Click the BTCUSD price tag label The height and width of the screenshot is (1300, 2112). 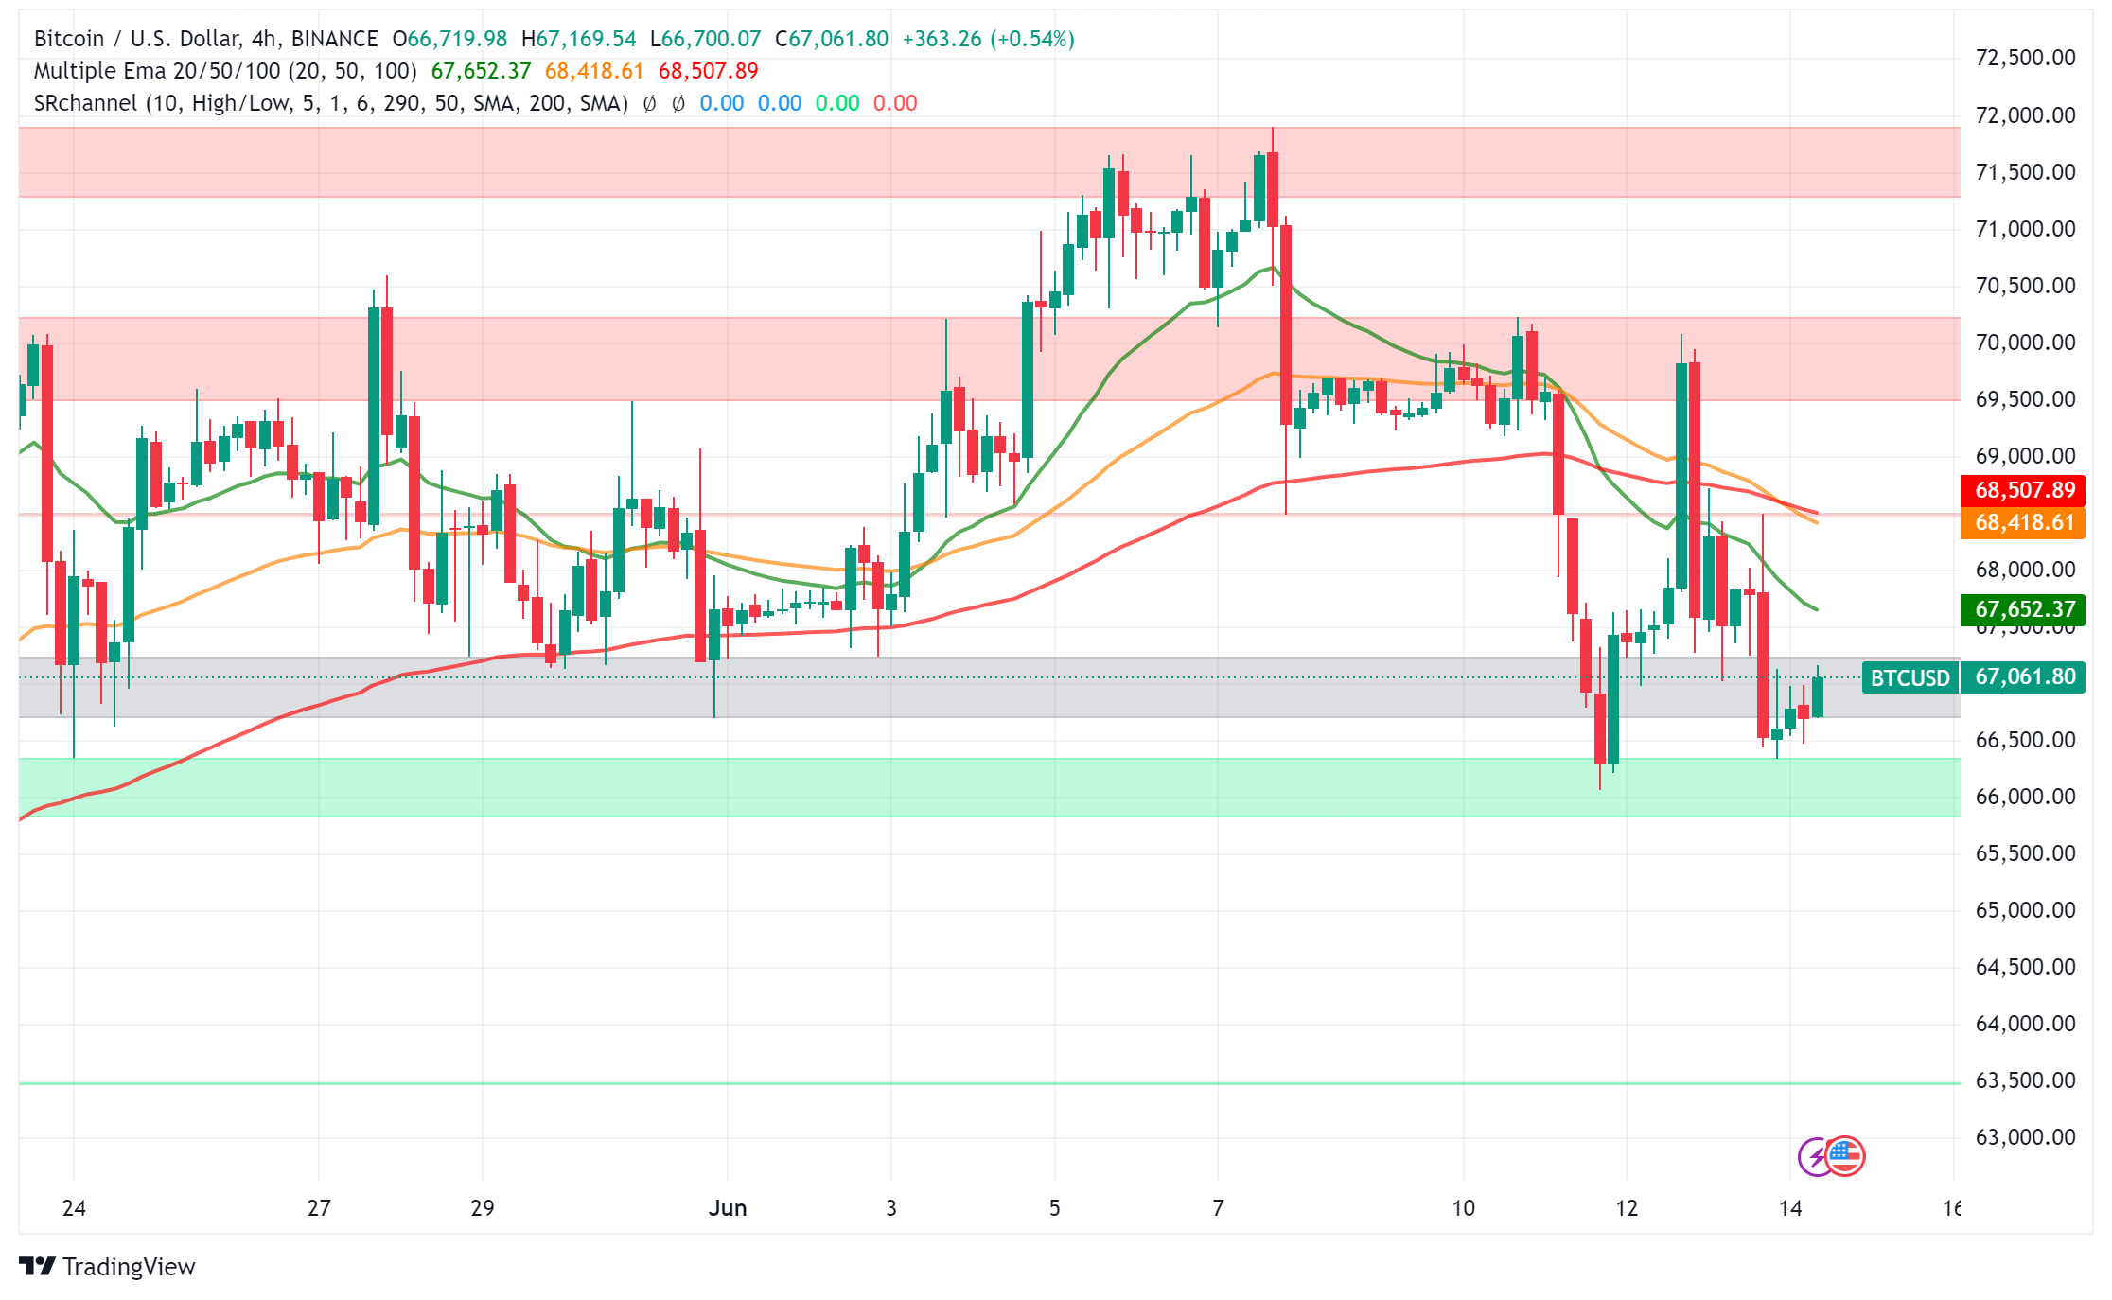click(x=1910, y=678)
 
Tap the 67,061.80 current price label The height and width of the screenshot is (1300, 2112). click(x=2024, y=677)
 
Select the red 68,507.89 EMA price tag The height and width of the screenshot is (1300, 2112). click(x=2024, y=490)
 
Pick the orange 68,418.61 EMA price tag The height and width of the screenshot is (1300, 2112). click(x=2024, y=522)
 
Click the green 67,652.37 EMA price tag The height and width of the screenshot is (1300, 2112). click(x=2024, y=609)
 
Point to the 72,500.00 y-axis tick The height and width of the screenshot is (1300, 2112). click(x=2025, y=58)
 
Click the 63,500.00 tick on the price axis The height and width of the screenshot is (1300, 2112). click(x=2025, y=1080)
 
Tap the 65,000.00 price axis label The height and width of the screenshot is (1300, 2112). click(x=2025, y=910)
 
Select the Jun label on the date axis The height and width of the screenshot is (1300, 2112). click(x=728, y=1208)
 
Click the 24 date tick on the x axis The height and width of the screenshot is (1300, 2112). click(x=74, y=1208)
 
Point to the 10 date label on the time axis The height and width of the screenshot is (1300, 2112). click(x=1463, y=1208)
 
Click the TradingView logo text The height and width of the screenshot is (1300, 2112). click(x=128, y=1267)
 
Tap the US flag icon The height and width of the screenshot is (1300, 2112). click(x=1845, y=1155)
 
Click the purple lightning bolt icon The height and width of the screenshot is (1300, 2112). click(x=1815, y=1157)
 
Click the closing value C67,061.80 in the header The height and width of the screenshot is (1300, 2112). click(x=832, y=39)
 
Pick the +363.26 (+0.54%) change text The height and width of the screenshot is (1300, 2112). click(x=988, y=39)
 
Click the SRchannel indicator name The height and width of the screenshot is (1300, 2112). click(x=85, y=103)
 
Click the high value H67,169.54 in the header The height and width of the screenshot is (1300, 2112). click(x=579, y=39)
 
